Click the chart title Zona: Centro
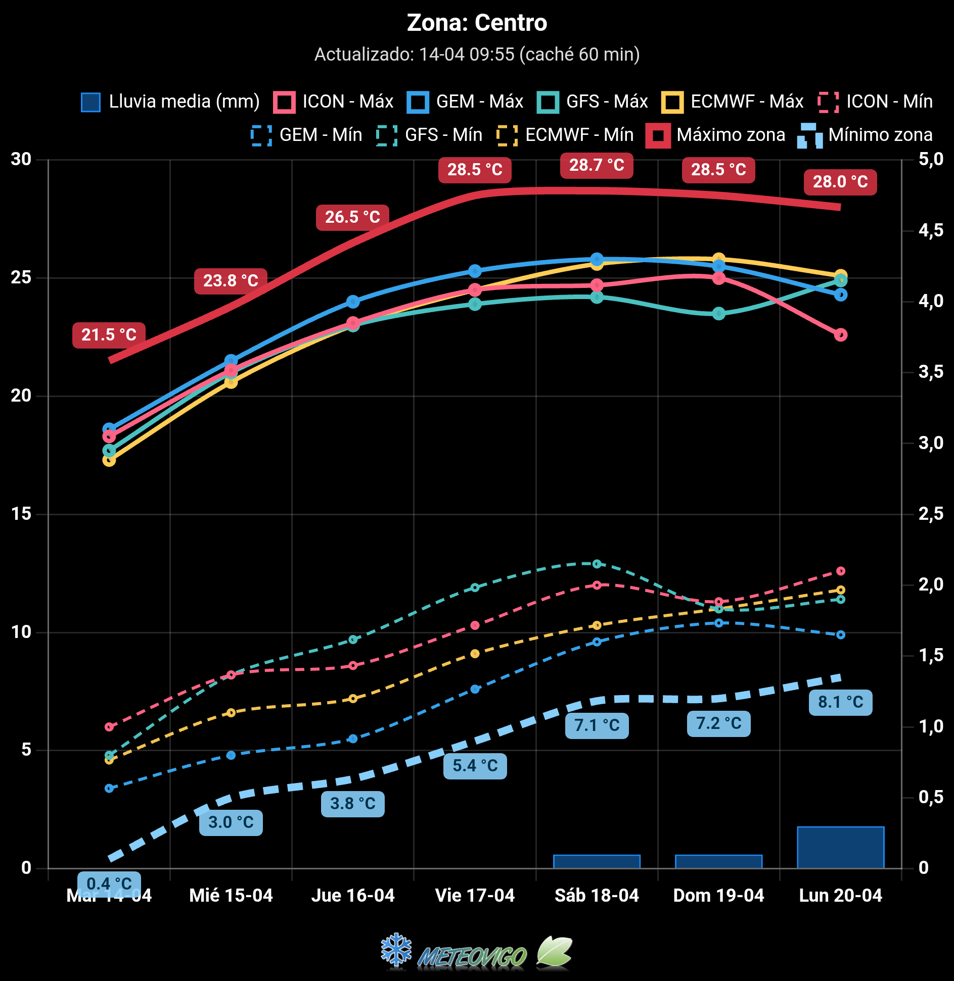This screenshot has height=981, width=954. point(477,23)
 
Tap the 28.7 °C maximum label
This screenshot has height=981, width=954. point(597,165)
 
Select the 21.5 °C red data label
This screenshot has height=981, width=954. point(109,335)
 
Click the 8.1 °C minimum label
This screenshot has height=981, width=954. point(840,702)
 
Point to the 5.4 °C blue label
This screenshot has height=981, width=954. point(475,766)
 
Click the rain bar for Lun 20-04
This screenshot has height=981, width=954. point(840,848)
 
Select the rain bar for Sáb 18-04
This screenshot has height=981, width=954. point(597,861)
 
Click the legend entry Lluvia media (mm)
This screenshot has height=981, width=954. point(170,102)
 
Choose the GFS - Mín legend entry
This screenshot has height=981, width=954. point(430,135)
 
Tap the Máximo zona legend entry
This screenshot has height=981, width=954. point(716,135)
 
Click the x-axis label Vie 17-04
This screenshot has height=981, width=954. point(475,896)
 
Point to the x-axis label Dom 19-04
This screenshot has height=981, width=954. point(718,896)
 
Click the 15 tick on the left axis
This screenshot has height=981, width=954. point(21,514)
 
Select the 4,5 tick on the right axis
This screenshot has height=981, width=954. point(931,230)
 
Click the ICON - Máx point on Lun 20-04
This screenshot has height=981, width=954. point(840,334)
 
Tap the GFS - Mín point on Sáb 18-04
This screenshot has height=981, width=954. point(597,564)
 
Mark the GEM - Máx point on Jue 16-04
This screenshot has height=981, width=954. point(353,302)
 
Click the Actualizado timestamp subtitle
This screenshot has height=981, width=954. point(477,55)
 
